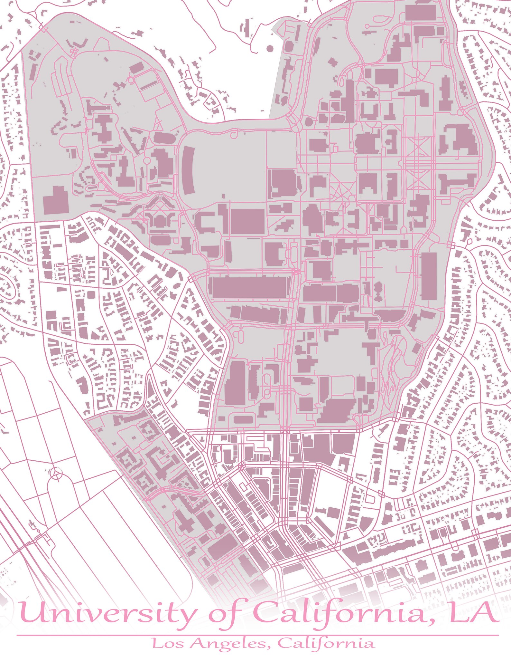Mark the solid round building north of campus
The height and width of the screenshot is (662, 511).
270,48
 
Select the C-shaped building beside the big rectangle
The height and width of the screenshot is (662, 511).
206,222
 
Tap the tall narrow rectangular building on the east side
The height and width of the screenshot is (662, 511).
429,275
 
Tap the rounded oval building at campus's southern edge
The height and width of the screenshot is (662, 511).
244,419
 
